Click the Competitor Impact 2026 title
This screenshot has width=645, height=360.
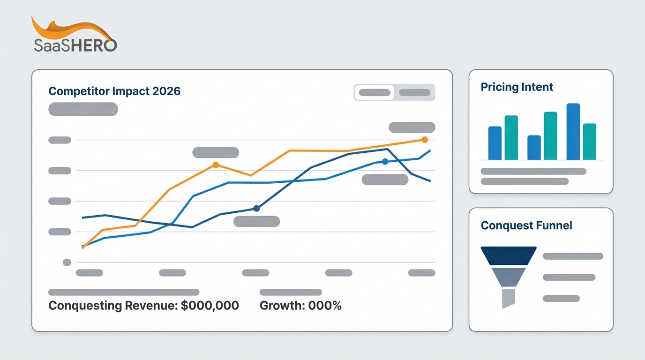tap(114, 91)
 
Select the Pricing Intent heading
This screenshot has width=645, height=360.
tap(517, 87)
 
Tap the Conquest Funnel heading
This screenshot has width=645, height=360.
tap(526, 225)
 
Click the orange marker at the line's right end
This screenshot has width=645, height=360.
tap(425, 140)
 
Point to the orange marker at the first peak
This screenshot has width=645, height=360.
tap(216, 165)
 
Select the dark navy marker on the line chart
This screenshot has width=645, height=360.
tap(256, 208)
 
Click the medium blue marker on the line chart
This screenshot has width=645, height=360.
tap(385, 161)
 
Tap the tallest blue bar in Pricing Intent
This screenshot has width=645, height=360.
tap(573, 132)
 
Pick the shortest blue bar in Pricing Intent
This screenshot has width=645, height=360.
tap(534, 148)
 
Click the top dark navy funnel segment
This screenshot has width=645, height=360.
tap(509, 256)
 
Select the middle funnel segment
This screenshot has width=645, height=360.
tap(509, 277)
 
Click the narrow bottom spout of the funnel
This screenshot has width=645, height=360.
tap(508, 298)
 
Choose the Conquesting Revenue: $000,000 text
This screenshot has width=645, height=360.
tap(143, 306)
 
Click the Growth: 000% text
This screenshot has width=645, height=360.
tap(300, 306)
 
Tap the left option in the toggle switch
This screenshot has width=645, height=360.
tap(375, 93)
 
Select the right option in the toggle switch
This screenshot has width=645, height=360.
tap(414, 93)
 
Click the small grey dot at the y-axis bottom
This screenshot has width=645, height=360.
tap(67, 262)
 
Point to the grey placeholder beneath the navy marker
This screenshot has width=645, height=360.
tap(256, 222)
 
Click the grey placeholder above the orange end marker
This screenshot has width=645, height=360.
tap(412, 127)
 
